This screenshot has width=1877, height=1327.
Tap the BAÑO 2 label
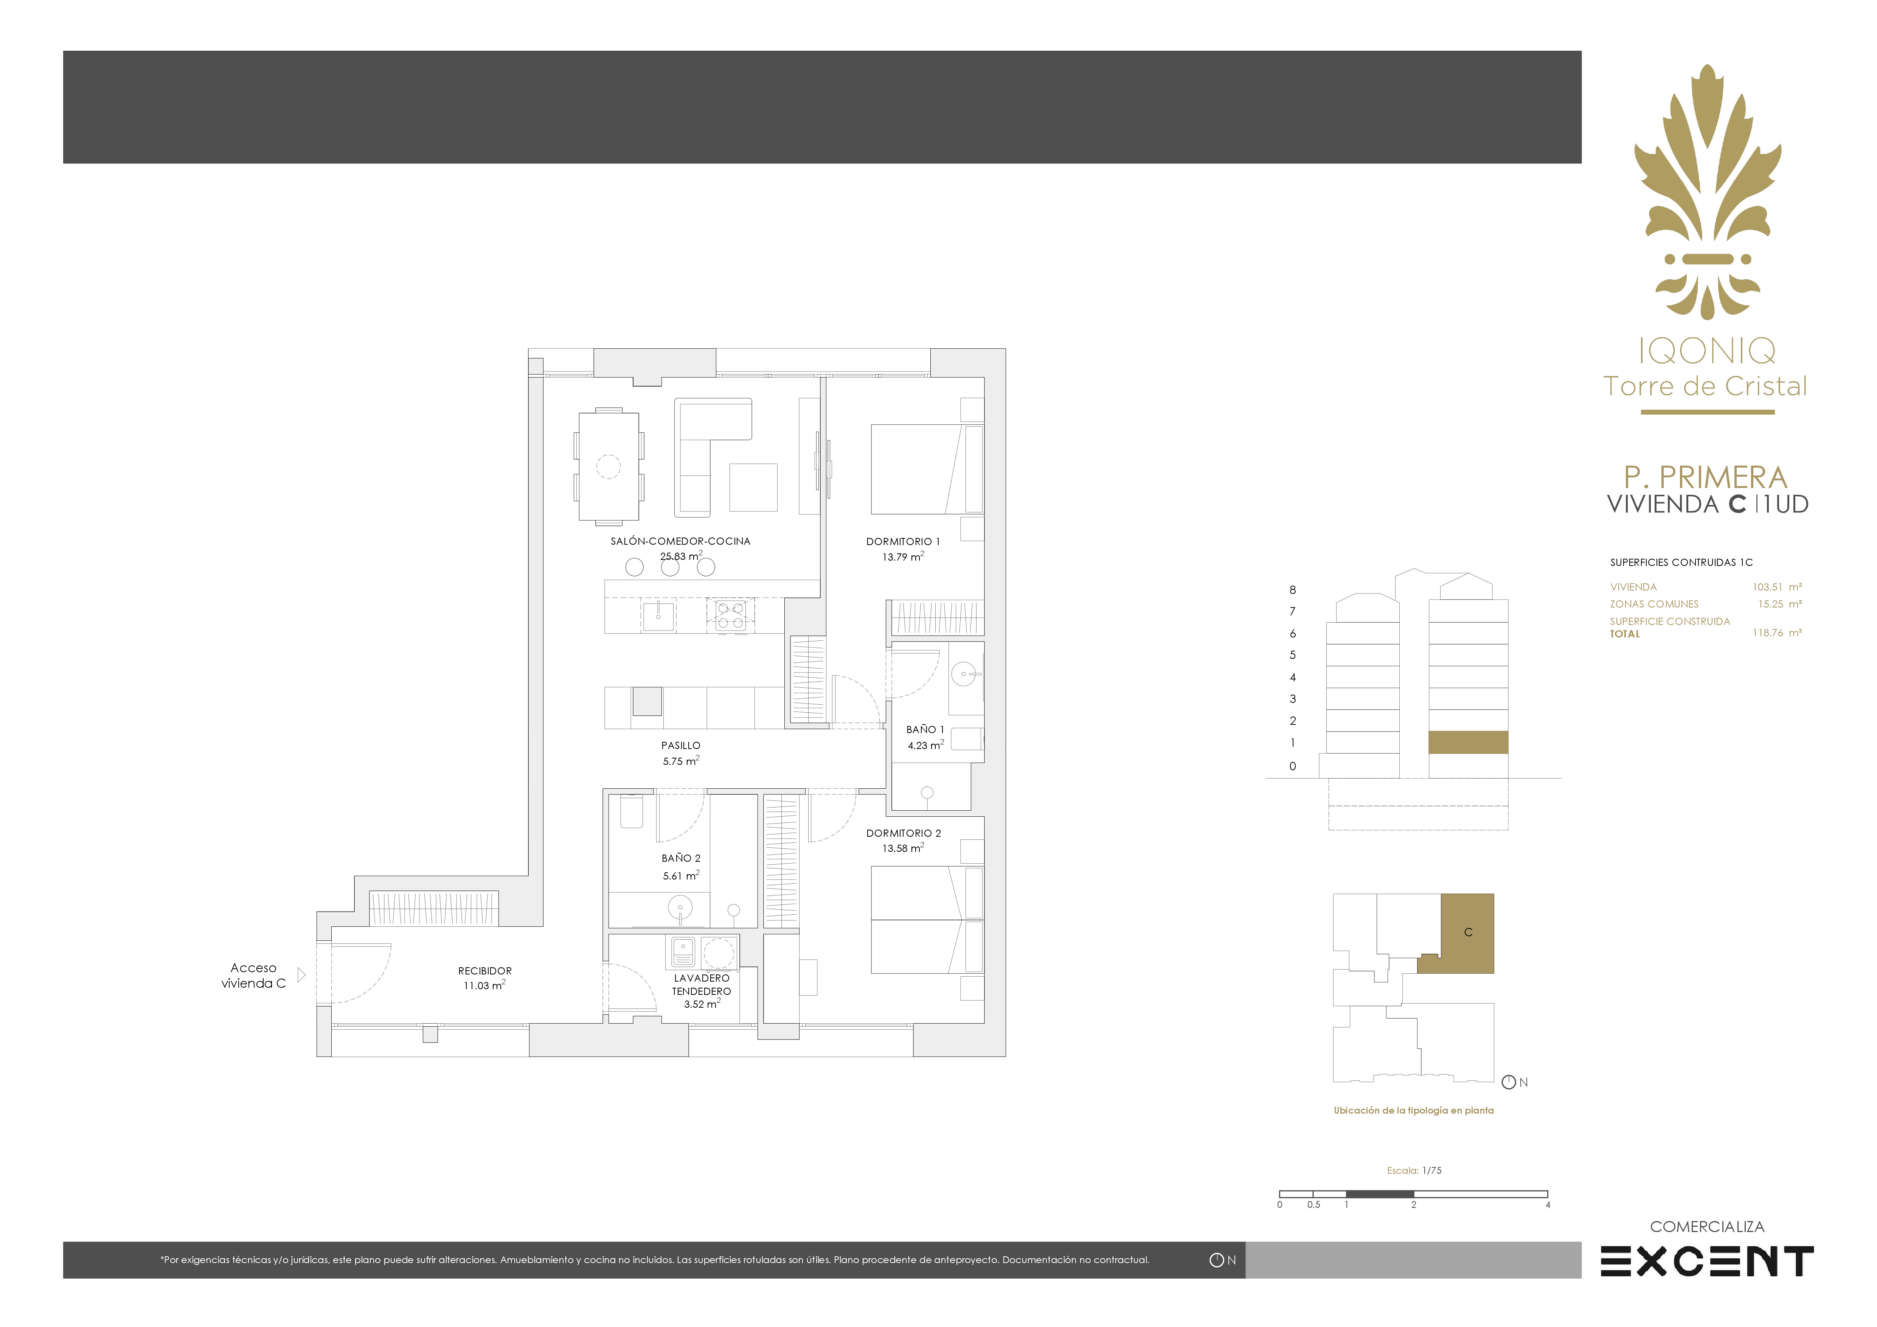681,858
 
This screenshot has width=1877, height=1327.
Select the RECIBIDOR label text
485,971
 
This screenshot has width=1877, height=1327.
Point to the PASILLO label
681,745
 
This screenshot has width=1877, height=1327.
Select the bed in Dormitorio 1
927,468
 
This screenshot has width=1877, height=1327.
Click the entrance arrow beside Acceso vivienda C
301,974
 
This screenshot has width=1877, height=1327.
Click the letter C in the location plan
1468,932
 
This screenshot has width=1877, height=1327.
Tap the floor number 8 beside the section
1292,589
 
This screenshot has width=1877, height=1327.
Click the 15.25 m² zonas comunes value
1780,604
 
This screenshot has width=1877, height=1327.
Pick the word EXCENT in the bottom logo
1707,1262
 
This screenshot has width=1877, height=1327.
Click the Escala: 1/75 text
1414,1171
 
